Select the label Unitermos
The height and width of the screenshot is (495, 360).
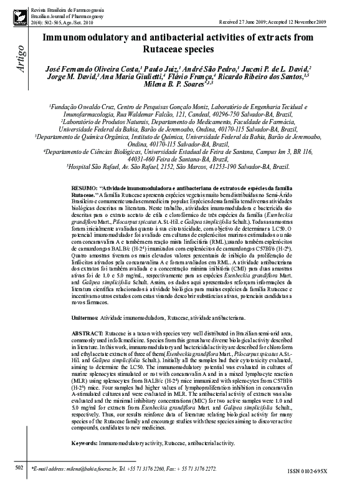(85, 318)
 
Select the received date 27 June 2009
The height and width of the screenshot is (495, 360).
(259, 21)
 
